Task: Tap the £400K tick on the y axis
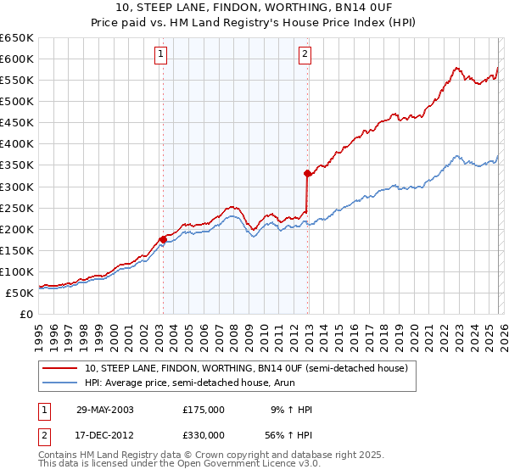click(16, 143)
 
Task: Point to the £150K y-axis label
click(16, 250)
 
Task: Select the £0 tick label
click(25, 314)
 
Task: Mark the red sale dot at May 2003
click(162, 239)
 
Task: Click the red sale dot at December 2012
click(307, 173)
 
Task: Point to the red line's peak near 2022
click(456, 68)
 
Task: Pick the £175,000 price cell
click(204, 410)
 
